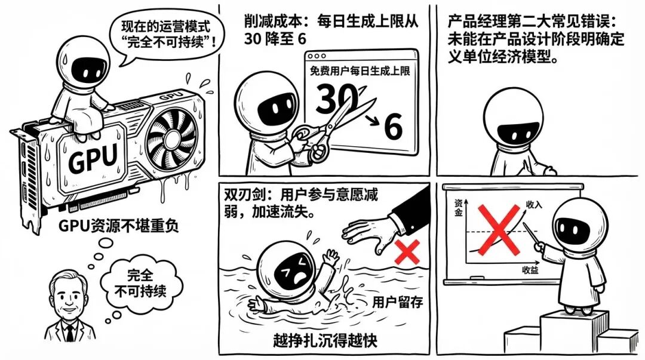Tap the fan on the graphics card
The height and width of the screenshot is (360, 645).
tap(170, 139)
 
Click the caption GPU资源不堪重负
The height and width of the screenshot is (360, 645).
tap(118, 226)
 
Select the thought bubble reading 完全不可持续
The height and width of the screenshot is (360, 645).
tap(141, 284)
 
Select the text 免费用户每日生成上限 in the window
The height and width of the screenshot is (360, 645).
tap(360, 71)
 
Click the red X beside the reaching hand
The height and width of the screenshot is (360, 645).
tap(407, 252)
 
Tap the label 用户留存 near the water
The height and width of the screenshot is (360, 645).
tap(397, 303)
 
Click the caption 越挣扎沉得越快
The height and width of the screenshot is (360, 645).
tap(325, 340)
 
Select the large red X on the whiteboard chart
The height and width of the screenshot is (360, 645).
tap(499, 229)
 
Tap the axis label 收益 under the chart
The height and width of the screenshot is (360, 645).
tap(531, 270)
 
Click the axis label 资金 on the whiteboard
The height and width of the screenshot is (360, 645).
tap(459, 208)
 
